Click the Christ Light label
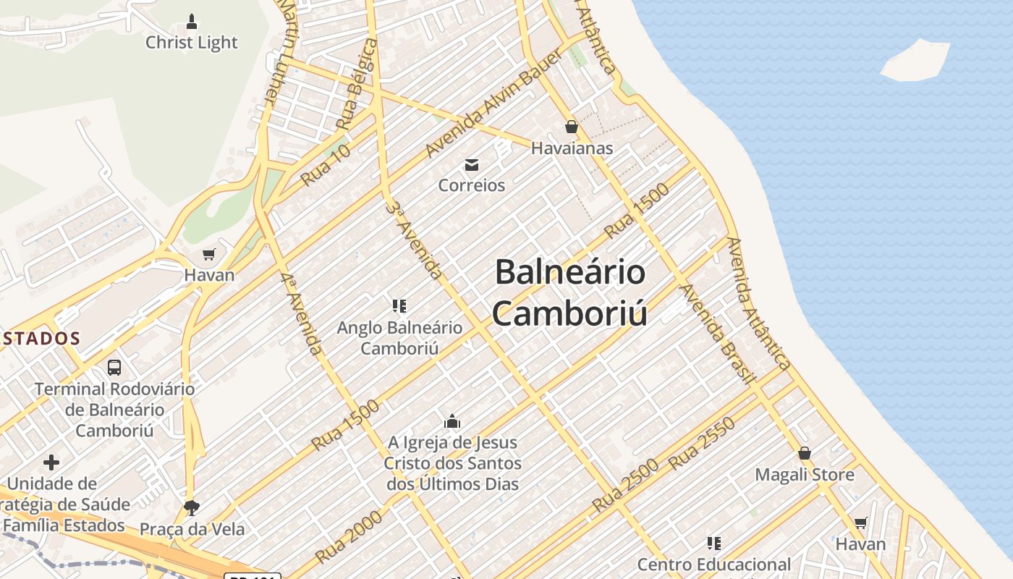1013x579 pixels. tap(191, 43)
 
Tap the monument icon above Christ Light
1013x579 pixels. tap(192, 20)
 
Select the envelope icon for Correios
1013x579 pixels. tap(472, 165)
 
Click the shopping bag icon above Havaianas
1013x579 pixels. tap(572, 127)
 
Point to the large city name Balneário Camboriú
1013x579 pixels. tap(570, 292)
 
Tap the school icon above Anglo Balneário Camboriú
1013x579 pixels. tap(399, 306)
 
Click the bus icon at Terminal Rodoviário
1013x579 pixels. tap(114, 367)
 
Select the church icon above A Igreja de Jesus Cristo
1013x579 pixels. tap(452, 421)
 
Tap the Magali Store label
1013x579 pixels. tap(805, 475)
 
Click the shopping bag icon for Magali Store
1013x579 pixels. tap(804, 454)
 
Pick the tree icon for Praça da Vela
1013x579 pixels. tap(191, 507)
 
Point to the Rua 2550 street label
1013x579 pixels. tap(702, 444)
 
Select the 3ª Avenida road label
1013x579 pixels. tap(414, 240)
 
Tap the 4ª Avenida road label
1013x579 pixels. tap(301, 313)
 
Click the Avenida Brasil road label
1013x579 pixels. tap(719, 334)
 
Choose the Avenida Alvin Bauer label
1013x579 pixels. tap(494, 103)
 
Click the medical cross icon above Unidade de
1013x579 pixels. tap(51, 462)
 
